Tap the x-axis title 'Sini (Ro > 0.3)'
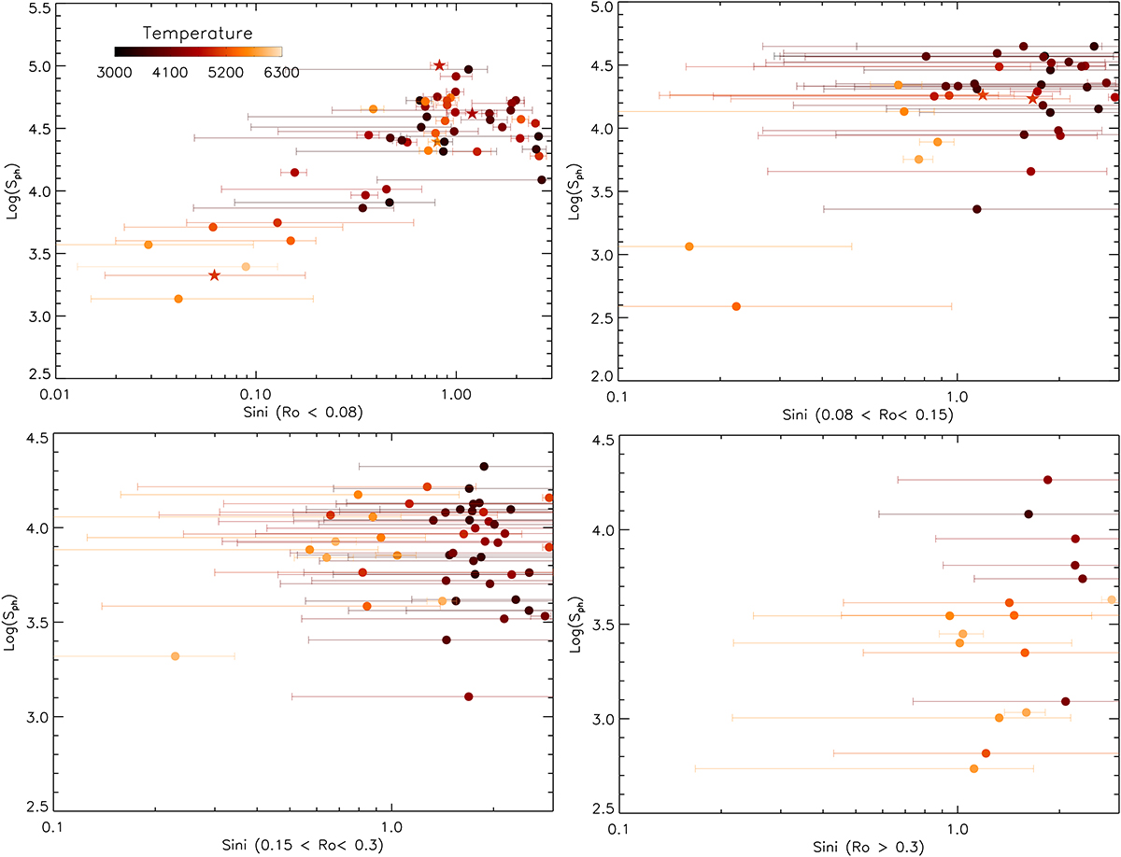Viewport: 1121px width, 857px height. (x=864, y=847)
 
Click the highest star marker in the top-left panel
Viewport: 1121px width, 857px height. (x=439, y=65)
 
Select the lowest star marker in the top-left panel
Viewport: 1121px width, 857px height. (x=214, y=275)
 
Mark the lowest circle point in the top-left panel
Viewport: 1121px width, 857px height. (x=178, y=299)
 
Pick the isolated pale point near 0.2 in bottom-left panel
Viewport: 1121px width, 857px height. (x=175, y=656)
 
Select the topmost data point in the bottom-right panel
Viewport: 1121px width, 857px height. (x=1047, y=480)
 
